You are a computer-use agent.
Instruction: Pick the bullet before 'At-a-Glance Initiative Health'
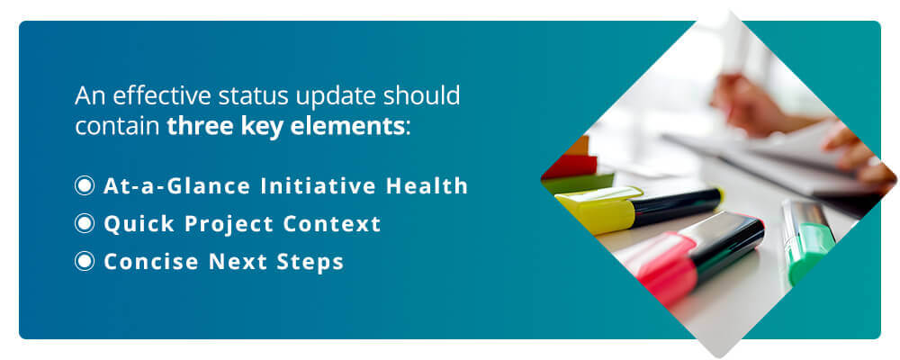[85, 186]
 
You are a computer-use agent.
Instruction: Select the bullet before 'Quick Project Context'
[85, 224]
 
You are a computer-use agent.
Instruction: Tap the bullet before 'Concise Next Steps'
[85, 262]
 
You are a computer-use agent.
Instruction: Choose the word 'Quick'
[139, 224]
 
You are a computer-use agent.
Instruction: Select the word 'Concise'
[151, 262]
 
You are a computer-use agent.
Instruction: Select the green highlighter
[807, 240]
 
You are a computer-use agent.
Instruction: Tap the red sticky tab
[570, 166]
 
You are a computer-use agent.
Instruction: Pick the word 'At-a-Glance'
[177, 186]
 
